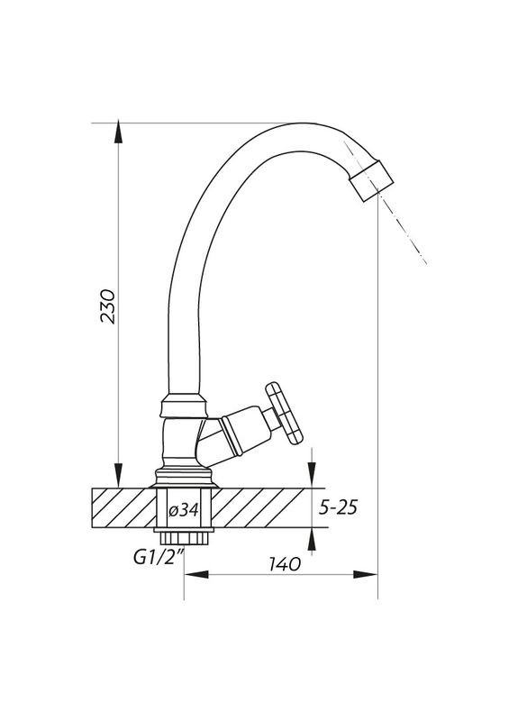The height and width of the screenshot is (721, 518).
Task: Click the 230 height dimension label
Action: click(x=108, y=306)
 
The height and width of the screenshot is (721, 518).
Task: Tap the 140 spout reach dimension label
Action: click(x=285, y=564)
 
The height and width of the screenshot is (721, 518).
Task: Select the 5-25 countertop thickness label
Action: click(x=338, y=507)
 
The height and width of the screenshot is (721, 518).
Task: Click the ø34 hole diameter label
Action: click(x=184, y=509)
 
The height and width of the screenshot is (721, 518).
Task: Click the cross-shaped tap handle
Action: click(x=285, y=413)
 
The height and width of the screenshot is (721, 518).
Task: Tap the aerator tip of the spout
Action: click(x=371, y=180)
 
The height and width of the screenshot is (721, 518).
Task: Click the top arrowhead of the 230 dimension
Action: click(x=119, y=132)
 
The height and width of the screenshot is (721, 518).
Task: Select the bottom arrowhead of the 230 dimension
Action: click(x=119, y=476)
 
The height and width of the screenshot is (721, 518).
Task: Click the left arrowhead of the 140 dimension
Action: click(x=196, y=574)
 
